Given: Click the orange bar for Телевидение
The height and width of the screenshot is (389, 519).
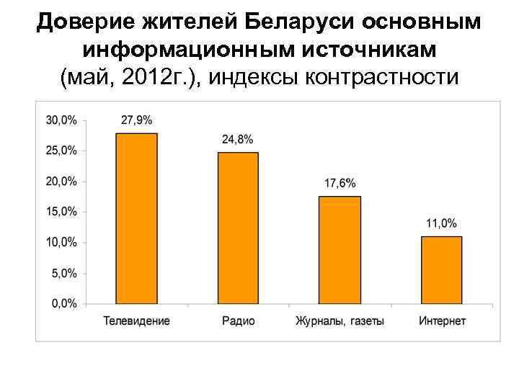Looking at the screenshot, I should [x=136, y=218].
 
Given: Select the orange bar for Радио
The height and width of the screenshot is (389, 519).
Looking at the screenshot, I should [x=238, y=228].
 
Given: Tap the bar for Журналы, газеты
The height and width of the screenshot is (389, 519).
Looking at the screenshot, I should [x=340, y=250].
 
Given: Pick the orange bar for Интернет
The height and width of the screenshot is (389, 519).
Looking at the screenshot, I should [x=442, y=270].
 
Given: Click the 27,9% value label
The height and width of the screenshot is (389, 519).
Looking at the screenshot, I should [x=136, y=120].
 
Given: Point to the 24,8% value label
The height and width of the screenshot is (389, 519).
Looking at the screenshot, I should [x=238, y=139].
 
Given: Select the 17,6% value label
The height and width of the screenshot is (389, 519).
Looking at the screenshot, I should [x=340, y=183].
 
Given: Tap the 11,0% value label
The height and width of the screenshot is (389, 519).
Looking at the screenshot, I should [x=441, y=223].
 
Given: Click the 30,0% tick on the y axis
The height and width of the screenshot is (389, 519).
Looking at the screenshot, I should [x=62, y=120].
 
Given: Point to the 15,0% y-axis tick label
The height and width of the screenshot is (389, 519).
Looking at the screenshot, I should [x=62, y=212].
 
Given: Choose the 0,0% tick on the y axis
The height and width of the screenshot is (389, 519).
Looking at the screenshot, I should [x=65, y=303].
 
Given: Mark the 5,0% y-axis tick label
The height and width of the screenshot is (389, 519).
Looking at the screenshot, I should [x=65, y=273].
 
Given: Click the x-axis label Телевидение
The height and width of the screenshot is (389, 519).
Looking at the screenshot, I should [x=137, y=321].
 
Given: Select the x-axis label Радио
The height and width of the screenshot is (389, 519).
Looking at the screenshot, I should [x=238, y=321].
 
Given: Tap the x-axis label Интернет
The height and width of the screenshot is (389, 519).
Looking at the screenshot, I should [x=442, y=321].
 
